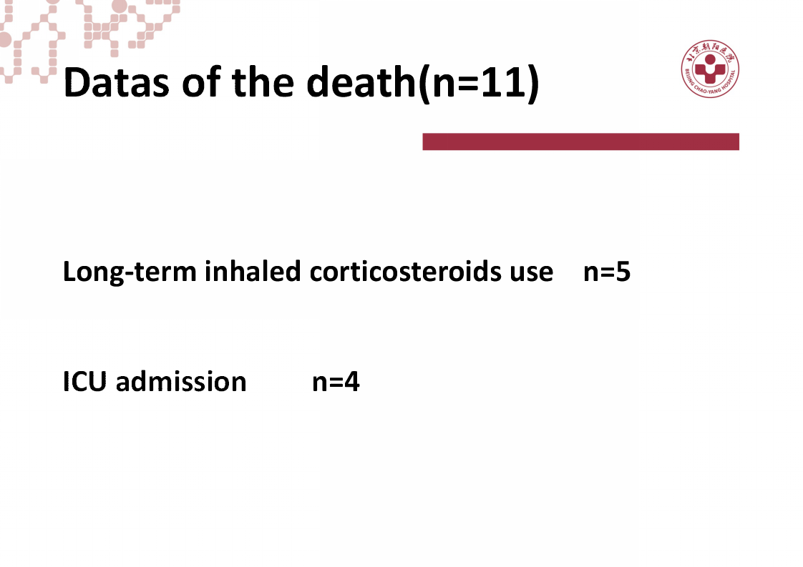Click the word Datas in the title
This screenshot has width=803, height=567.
click(x=116, y=82)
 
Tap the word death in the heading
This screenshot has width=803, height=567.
click(x=361, y=82)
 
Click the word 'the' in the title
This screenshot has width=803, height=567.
click(x=263, y=82)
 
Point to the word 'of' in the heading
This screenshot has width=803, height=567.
click(x=201, y=82)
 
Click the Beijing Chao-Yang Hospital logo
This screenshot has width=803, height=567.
click(x=710, y=69)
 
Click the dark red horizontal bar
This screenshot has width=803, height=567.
click(x=580, y=142)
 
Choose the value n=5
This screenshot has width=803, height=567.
click(x=607, y=272)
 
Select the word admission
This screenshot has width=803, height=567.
click(x=181, y=381)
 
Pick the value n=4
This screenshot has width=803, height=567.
click(x=336, y=382)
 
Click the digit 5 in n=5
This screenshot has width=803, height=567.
click(x=623, y=272)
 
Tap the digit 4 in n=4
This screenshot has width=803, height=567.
click(x=352, y=382)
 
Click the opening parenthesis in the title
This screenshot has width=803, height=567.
click(x=424, y=84)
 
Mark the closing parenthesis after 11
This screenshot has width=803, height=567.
click(x=533, y=84)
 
